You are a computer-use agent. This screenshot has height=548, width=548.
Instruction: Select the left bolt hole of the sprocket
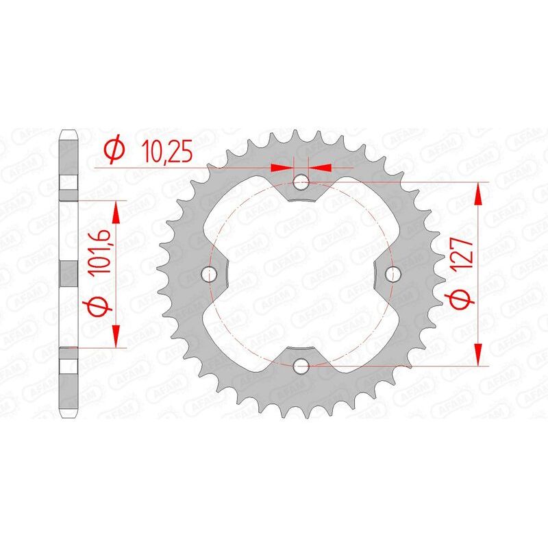pyautogui.click(x=210, y=274)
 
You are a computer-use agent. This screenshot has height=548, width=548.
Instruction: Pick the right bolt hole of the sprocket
pyautogui.click(x=393, y=274)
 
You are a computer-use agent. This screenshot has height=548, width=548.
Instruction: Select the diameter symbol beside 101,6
pyautogui.click(x=95, y=306)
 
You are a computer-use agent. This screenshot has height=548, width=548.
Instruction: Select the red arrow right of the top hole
pyautogui.click(x=321, y=166)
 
